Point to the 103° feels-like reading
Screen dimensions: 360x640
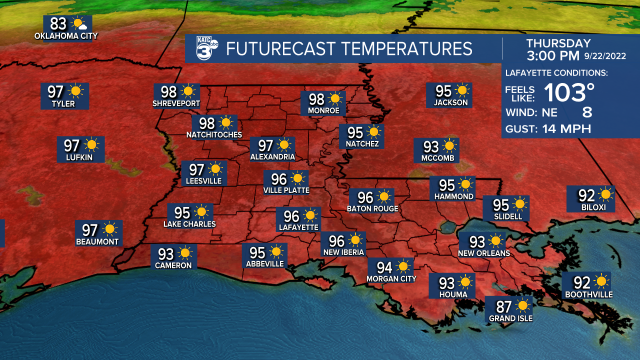pos(569,92)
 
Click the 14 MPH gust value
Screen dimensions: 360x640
pos(566,129)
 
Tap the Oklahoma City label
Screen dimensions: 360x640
pos(66,36)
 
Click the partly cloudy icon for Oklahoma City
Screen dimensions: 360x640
pos(79,23)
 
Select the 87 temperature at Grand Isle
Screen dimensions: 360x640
pos(503,305)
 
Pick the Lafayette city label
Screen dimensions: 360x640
pos(298,227)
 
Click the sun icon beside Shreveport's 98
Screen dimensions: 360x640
pos(188,91)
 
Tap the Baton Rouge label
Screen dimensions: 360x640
pos(372,208)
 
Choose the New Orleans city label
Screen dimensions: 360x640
pos(484,253)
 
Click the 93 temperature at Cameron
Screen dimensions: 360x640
pos(165,253)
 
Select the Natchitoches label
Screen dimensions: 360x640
pos(214,135)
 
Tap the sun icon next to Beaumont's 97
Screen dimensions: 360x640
pos(110,229)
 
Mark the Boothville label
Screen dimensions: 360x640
pos(588,295)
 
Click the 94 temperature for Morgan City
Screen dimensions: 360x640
pos(384,267)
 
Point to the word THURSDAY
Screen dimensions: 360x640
pos(558,43)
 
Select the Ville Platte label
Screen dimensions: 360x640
pos(286,190)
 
